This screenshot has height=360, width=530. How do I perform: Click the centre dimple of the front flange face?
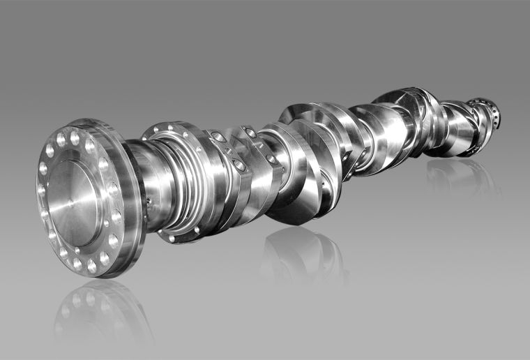tap(73, 202)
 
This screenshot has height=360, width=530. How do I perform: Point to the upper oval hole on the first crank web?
tap(219, 137)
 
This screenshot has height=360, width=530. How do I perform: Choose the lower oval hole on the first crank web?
tap(239, 165)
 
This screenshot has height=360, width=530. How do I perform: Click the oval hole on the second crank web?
tap(249, 132)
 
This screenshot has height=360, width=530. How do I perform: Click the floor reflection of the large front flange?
tap(91, 314)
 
